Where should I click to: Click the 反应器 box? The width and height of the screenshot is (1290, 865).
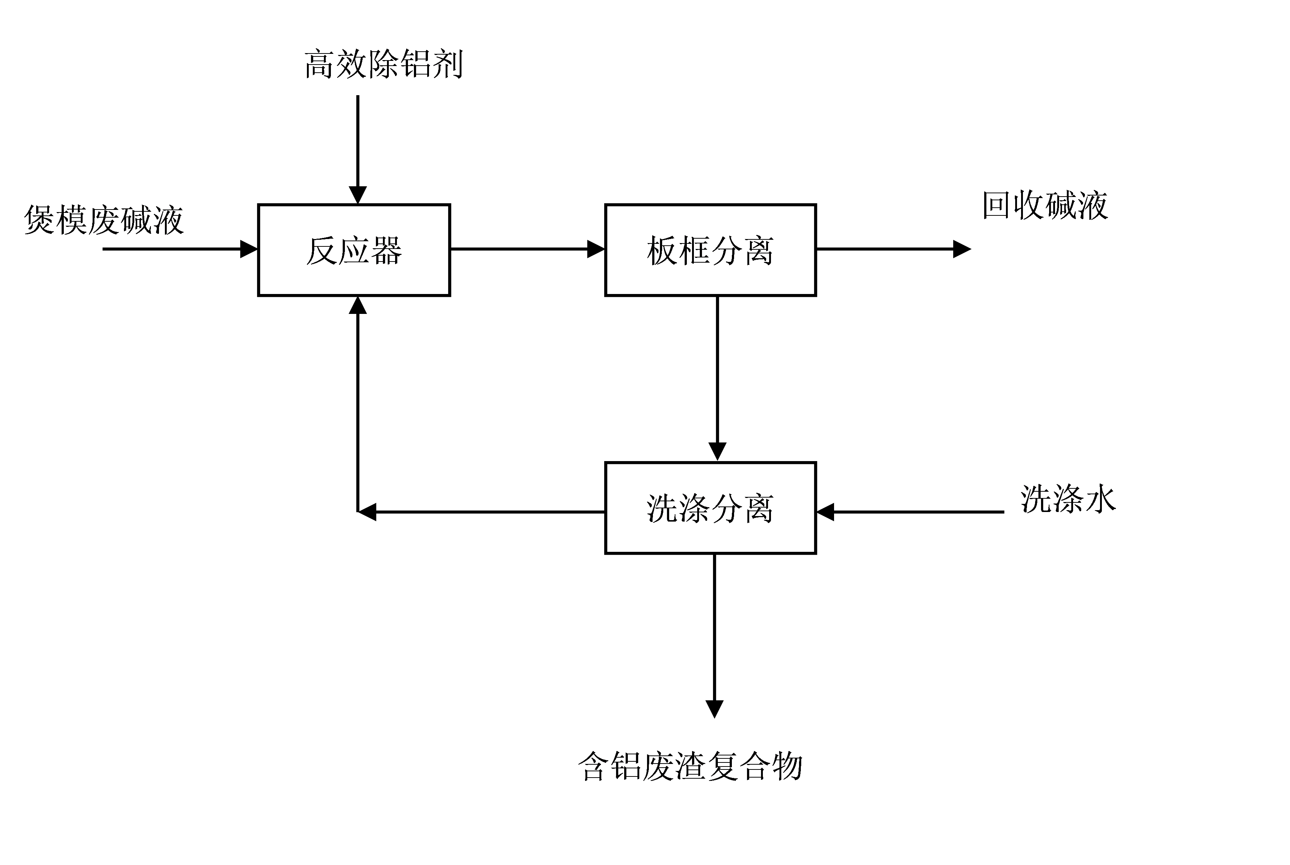click(x=354, y=250)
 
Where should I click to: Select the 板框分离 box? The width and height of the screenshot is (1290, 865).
click(x=710, y=250)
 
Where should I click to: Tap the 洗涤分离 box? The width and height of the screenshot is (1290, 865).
click(x=710, y=508)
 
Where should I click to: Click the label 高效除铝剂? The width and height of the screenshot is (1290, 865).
click(x=383, y=65)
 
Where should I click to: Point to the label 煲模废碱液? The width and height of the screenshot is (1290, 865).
click(x=104, y=219)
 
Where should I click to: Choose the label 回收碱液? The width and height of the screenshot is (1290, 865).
click(x=1045, y=206)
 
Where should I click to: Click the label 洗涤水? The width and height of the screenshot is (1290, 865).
click(x=1068, y=499)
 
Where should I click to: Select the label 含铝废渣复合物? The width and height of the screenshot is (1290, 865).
click(x=690, y=766)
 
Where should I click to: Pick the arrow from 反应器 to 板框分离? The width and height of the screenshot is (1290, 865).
click(x=527, y=249)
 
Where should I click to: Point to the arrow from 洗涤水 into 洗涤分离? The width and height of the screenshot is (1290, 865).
click(x=910, y=512)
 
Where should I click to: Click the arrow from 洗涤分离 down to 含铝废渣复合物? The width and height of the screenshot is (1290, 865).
click(x=714, y=634)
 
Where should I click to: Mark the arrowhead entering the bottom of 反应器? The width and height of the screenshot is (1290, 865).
click(x=358, y=305)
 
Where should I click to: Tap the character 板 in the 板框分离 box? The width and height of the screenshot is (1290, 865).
click(x=662, y=250)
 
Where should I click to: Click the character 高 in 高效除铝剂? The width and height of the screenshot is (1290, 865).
click(x=320, y=65)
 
